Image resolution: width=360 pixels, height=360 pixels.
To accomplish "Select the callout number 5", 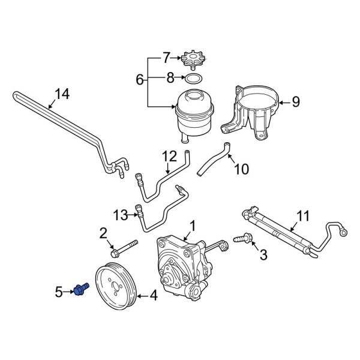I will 59,292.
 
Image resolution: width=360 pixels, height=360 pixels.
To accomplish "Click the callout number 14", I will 62,94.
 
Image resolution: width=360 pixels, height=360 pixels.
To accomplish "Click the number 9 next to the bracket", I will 295,103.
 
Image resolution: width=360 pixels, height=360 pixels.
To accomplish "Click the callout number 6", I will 139,79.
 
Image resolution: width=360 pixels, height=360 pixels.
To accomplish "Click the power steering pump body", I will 180,264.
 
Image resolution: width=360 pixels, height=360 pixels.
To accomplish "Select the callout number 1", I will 193,226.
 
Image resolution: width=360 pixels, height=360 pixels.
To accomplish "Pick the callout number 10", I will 240,170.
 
